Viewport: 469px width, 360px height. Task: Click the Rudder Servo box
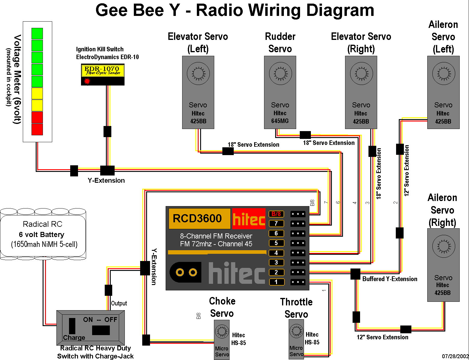280,92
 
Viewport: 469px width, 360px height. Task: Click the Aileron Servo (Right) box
443,265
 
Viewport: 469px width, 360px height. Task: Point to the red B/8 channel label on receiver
276,214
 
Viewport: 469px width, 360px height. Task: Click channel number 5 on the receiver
276,243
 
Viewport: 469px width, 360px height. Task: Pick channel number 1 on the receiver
276,282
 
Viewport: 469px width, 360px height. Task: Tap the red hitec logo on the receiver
249,218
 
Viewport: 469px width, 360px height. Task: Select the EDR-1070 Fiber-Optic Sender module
103,74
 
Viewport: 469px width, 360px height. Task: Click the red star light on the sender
87,81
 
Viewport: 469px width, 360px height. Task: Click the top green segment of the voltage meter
37,34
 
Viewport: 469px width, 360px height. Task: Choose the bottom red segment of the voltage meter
37,129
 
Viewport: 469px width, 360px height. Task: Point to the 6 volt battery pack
43,234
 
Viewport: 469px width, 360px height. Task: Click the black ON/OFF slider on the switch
101,330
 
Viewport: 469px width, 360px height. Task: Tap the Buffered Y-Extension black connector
355,274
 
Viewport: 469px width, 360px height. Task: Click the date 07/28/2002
455,356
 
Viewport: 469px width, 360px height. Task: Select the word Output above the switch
119,303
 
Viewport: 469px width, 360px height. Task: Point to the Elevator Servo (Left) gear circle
198,73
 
